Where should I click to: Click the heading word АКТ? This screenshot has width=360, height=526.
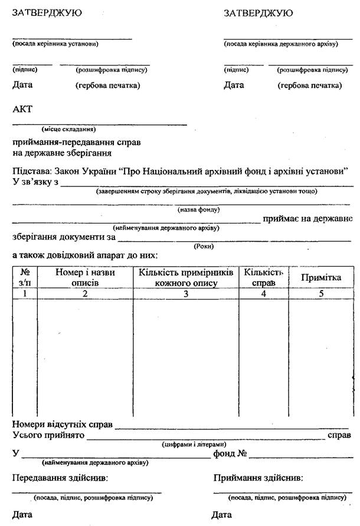(22, 109)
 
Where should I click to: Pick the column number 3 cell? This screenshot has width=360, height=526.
(186, 293)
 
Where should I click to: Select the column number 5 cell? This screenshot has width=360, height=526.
(321, 293)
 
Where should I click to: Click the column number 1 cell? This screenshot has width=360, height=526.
(25, 293)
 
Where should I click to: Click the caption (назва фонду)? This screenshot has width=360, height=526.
(199, 210)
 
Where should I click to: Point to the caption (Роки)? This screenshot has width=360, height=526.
(203, 246)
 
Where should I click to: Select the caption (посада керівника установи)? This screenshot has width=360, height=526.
(55, 44)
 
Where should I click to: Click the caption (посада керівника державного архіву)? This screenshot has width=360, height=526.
(280, 44)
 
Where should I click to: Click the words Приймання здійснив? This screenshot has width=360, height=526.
(258, 478)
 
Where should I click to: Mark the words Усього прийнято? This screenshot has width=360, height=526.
(48, 435)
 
